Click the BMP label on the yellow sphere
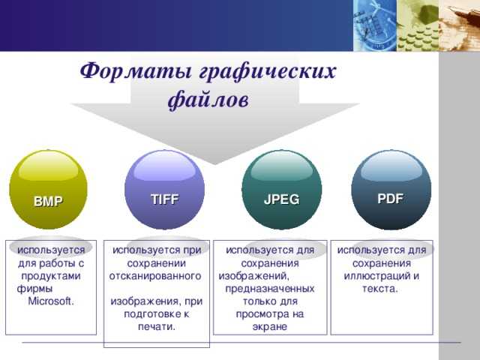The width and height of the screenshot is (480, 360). (x=48, y=201)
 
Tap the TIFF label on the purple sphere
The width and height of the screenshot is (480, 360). (x=165, y=199)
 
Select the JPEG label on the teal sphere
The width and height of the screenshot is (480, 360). (x=282, y=199)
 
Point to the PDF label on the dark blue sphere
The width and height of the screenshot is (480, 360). (x=390, y=198)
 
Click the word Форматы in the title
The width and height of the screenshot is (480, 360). (x=136, y=71)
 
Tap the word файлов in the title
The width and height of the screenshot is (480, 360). (x=208, y=100)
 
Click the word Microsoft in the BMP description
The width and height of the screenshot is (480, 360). (x=50, y=301)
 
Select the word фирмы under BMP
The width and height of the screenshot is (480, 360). (x=34, y=289)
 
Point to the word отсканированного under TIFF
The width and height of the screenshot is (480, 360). (x=155, y=276)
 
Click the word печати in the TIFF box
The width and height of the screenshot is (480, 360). (x=155, y=327)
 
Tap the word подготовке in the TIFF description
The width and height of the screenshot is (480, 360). (x=148, y=314)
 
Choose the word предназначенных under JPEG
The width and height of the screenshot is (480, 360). (x=270, y=289)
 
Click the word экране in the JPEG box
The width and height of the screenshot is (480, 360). (x=270, y=327)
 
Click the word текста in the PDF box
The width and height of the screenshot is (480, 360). (x=379, y=289)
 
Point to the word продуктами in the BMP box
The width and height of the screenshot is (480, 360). (x=51, y=277)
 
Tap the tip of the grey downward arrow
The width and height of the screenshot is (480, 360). (x=214, y=164)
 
